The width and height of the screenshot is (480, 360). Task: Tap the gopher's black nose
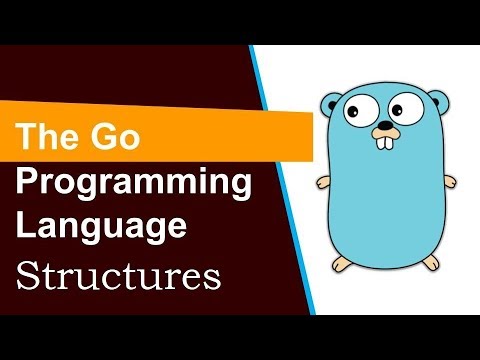pyautogui.click(x=383, y=128)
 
